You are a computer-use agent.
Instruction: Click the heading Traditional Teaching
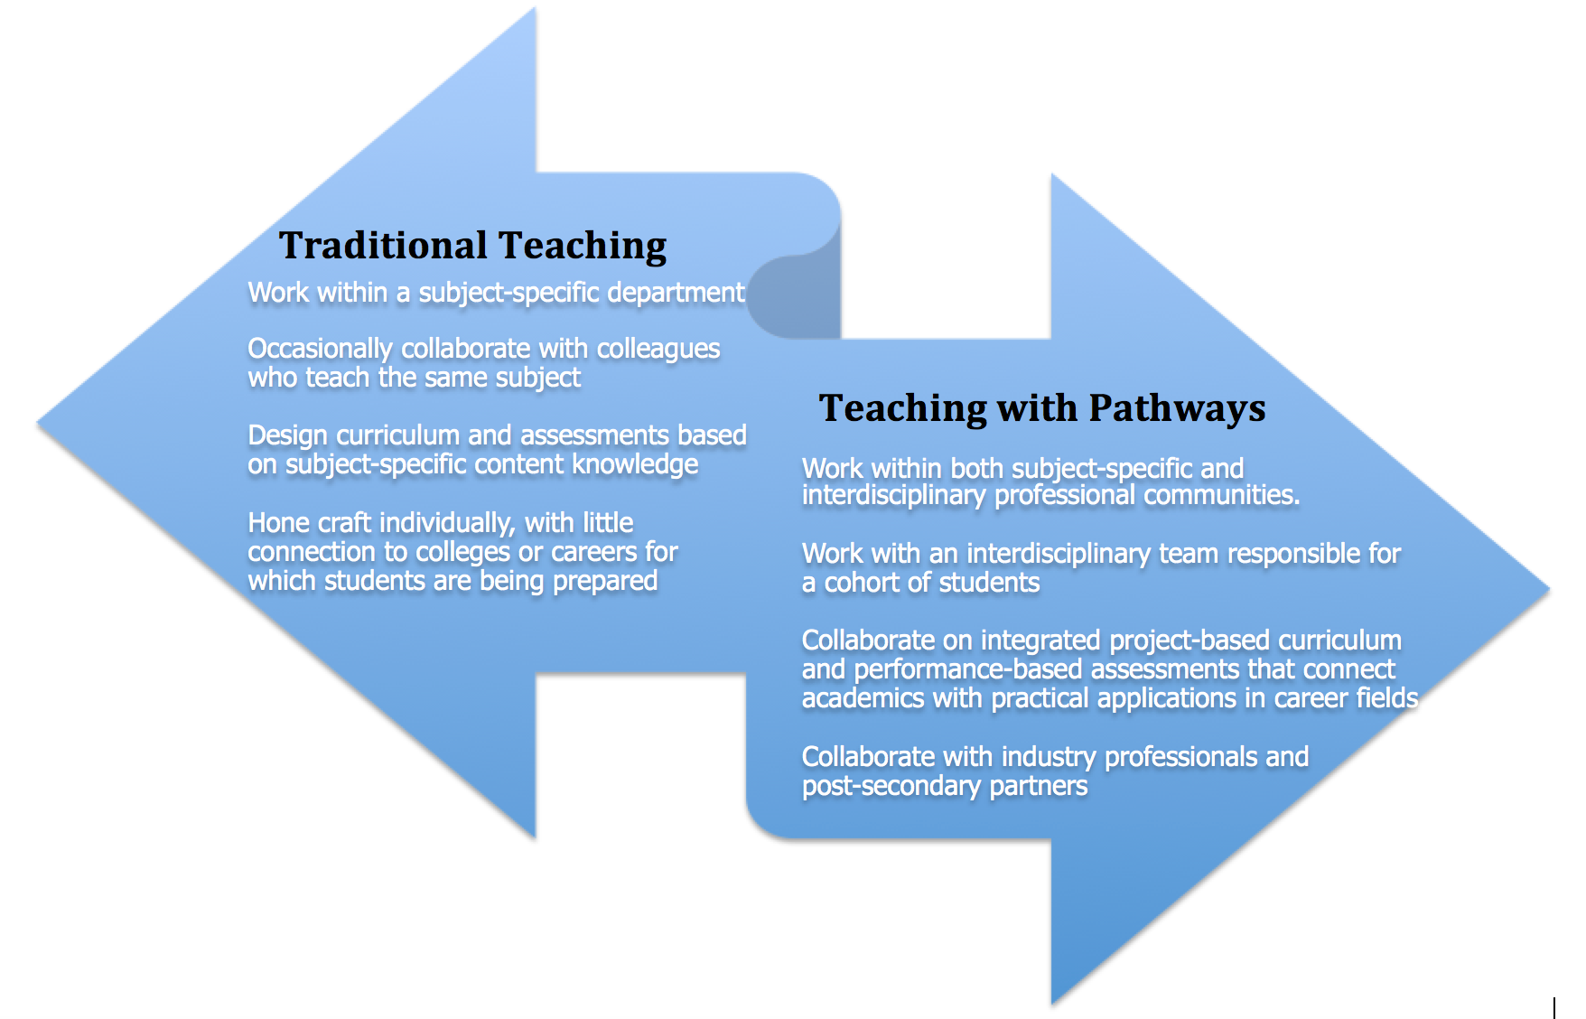click(472, 246)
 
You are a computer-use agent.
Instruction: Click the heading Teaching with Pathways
click(1042, 408)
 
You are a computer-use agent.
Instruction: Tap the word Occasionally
click(321, 350)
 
